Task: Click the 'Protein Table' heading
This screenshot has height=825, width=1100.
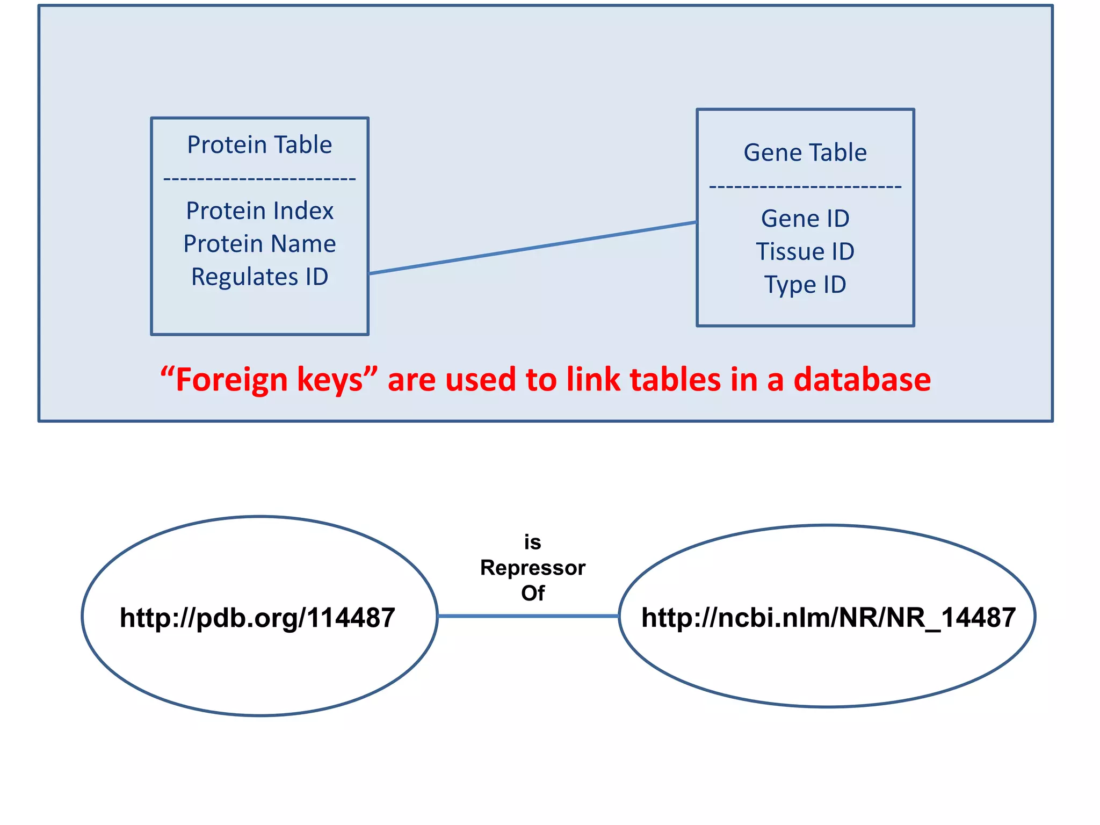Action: coord(259,145)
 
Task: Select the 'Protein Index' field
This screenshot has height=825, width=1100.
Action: coord(259,211)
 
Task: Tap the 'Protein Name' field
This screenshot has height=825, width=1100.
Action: coord(259,244)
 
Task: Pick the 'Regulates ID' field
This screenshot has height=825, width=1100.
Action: coord(259,277)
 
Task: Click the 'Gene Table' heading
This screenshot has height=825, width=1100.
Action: coord(805,153)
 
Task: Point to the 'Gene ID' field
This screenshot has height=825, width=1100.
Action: coord(805,219)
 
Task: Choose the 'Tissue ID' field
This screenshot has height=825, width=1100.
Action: coord(805,252)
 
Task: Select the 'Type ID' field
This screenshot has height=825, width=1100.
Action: coord(805,285)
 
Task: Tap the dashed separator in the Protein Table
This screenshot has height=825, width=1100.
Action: coord(259,179)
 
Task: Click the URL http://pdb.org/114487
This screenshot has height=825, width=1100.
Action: coord(258,618)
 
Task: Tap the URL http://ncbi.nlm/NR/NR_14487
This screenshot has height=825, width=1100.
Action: coord(828,618)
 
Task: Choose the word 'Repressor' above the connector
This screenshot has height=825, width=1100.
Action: coord(533,568)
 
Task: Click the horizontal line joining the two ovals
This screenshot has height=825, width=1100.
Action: coord(529,616)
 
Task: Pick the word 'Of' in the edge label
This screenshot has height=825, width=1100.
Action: coord(533,593)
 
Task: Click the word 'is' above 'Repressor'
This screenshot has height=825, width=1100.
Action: coord(533,542)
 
